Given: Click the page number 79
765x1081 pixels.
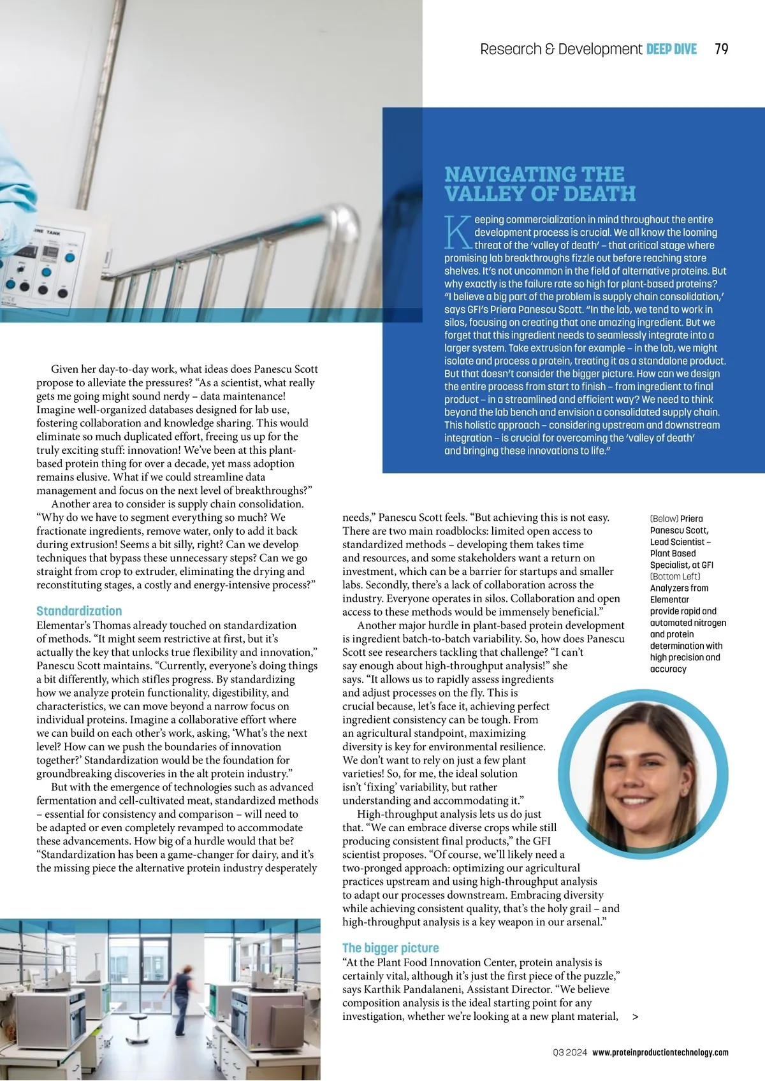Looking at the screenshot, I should pyautogui.click(x=722, y=49).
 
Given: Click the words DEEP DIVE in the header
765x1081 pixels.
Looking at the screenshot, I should pyautogui.click(x=671, y=49).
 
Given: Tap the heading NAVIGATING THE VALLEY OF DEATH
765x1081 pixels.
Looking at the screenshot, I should pyautogui.click(x=540, y=184).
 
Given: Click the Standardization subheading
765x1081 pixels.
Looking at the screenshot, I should pyautogui.click(x=79, y=611).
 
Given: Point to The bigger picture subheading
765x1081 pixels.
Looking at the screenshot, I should pyautogui.click(x=390, y=948).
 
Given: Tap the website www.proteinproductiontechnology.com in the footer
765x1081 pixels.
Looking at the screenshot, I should pyautogui.click(x=660, y=1052).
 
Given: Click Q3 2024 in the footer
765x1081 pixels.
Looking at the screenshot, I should pyautogui.click(x=570, y=1052).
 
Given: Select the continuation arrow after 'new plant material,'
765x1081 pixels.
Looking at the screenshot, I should pyautogui.click(x=635, y=1017).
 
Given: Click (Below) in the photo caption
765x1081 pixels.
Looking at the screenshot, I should pyautogui.click(x=664, y=519).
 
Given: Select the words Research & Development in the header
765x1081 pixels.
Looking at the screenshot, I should pyautogui.click(x=561, y=49).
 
